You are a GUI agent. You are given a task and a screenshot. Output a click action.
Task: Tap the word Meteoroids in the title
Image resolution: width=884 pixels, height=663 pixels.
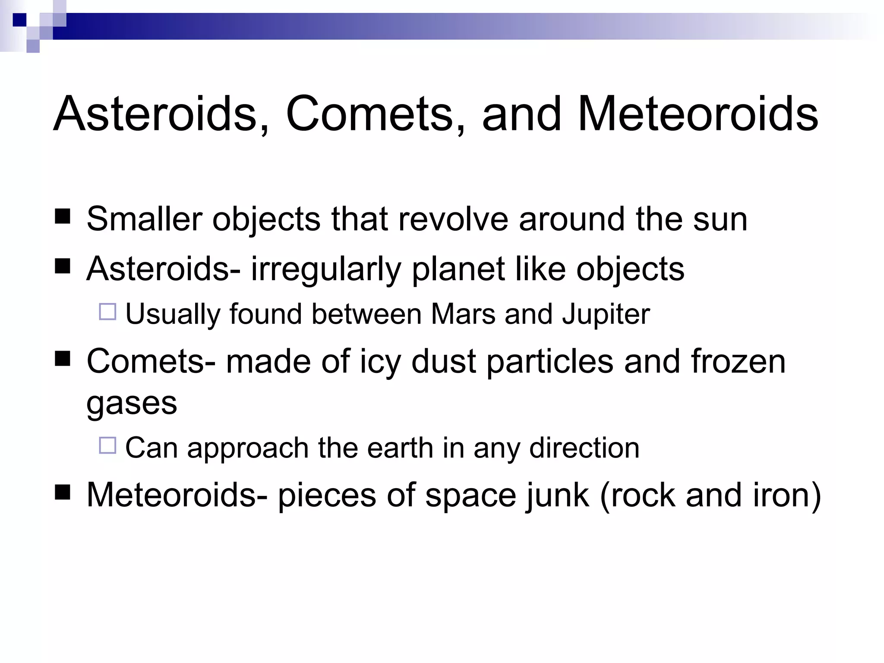(697, 114)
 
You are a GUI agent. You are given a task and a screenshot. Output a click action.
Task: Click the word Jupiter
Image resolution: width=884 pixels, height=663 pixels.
(606, 315)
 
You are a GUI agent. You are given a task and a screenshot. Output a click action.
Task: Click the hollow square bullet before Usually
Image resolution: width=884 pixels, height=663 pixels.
(107, 312)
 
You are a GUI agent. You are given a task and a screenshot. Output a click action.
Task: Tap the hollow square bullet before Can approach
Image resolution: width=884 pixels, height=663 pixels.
(107, 445)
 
